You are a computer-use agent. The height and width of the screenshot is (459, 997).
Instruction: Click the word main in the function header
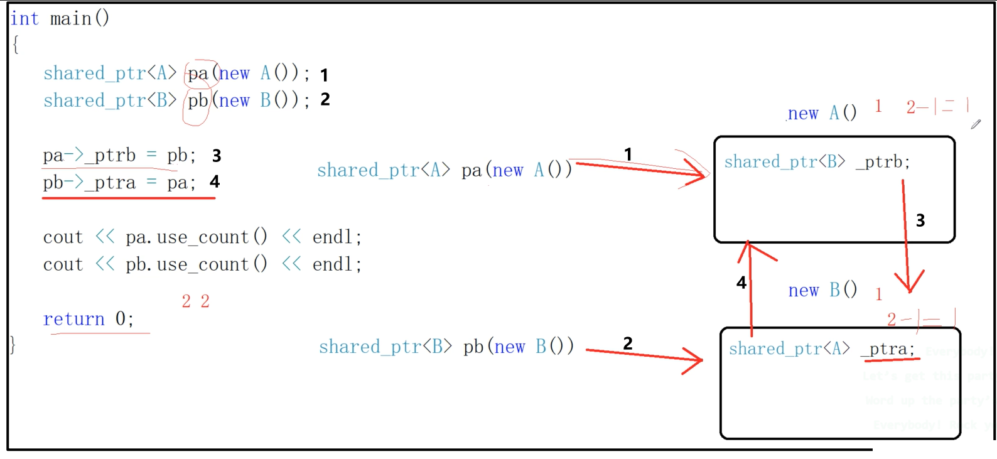[70, 19]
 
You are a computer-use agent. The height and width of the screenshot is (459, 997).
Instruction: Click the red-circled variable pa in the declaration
[198, 74]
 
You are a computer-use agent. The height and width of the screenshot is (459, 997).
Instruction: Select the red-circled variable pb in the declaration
[198, 100]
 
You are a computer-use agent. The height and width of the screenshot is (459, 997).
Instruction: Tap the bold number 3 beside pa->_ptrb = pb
[217, 156]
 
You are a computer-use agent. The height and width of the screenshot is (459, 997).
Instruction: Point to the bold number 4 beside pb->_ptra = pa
[215, 182]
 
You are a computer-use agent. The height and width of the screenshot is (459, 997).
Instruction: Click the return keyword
[73, 319]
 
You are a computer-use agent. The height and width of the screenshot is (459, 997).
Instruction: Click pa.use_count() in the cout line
[196, 237]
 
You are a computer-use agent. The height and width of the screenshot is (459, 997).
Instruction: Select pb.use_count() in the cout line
[196, 264]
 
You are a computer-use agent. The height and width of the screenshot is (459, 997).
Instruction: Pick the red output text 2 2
[195, 301]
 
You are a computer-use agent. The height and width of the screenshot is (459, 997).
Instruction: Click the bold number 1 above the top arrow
[628, 154]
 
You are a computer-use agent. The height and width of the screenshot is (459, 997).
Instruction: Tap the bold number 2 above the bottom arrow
[628, 343]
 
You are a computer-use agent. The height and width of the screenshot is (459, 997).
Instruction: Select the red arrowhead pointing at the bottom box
[694, 361]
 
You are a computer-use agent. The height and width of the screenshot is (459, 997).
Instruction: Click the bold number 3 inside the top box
[920, 220]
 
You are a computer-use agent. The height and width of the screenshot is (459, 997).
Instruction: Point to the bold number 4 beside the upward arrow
[741, 283]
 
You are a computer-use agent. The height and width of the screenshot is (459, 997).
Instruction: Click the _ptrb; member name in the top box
[882, 162]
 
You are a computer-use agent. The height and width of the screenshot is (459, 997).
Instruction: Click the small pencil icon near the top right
[976, 124]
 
